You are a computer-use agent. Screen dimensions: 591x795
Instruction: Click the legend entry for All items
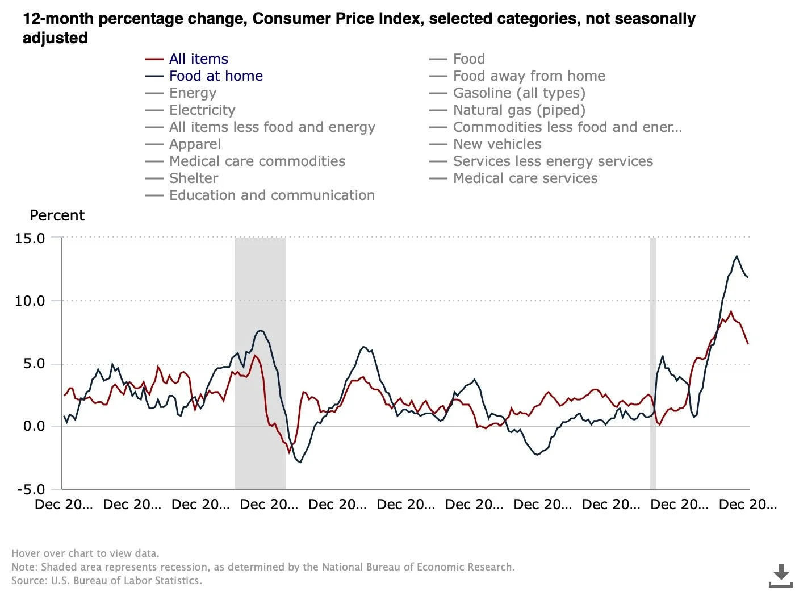(x=198, y=59)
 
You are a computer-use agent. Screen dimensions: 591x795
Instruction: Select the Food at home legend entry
(x=216, y=76)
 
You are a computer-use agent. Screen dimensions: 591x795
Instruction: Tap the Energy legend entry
(x=193, y=93)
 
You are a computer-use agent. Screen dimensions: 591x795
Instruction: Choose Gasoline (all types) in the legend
(x=519, y=93)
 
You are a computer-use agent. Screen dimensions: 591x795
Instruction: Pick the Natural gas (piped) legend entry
(x=519, y=110)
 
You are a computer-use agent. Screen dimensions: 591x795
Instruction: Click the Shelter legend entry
(x=194, y=178)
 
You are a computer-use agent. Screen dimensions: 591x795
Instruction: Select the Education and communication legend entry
(x=271, y=195)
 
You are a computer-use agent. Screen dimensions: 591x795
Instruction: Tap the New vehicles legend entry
(x=497, y=144)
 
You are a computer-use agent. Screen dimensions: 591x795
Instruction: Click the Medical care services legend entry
(x=525, y=178)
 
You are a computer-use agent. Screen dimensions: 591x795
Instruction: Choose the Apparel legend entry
(x=195, y=144)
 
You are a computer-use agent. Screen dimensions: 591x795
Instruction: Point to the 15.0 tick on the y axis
(x=30, y=239)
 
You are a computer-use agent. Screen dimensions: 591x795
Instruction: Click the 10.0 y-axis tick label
(x=30, y=301)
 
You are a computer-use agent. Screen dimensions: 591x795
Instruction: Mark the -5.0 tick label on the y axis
(x=31, y=490)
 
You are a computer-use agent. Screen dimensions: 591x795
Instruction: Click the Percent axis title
(x=57, y=216)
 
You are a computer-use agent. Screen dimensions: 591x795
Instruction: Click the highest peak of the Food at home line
(x=737, y=256)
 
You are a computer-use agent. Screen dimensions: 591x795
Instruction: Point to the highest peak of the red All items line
(x=731, y=311)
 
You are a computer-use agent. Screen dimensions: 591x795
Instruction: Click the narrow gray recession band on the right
(x=653, y=364)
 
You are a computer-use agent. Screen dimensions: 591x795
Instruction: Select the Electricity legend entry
(x=202, y=110)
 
